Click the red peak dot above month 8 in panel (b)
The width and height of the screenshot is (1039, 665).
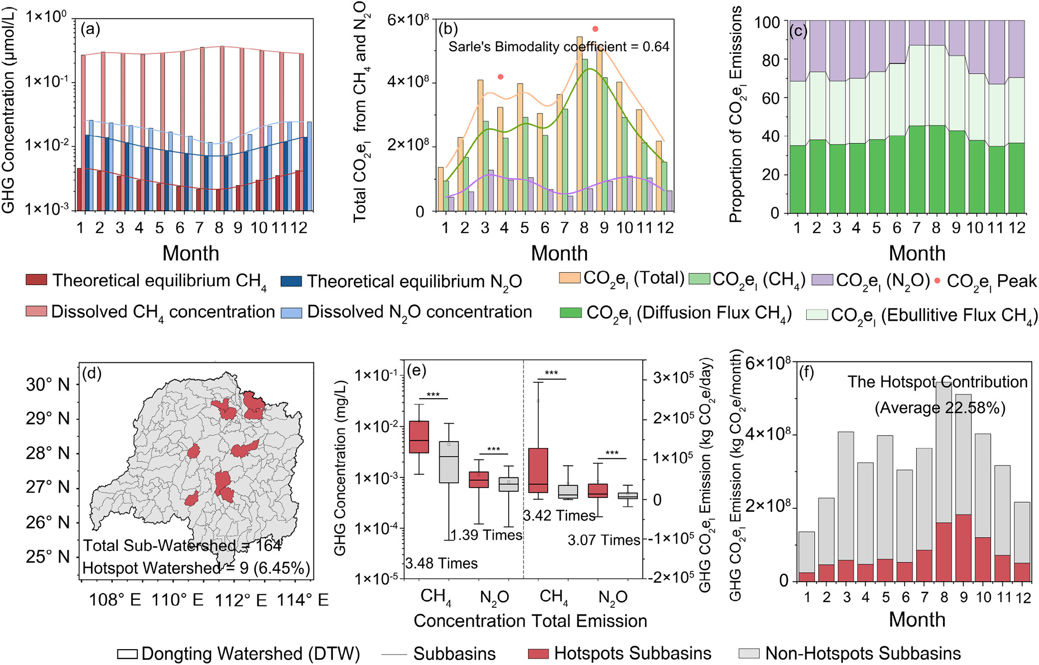click(595, 29)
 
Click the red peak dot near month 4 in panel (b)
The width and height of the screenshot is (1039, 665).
click(501, 77)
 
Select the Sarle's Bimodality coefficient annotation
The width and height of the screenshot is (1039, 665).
click(559, 47)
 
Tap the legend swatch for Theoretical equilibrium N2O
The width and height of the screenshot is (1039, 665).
click(291, 281)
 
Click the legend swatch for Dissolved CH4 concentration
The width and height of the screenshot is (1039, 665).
click(36, 312)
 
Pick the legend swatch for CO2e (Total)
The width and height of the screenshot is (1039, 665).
click(570, 278)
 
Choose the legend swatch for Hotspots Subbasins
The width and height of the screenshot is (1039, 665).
click(538, 653)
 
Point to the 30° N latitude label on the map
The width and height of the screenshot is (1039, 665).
click(48, 384)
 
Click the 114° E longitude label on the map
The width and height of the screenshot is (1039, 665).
click(303, 600)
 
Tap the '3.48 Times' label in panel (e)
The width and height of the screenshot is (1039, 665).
click(441, 563)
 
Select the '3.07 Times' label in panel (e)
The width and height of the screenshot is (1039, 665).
click(604, 540)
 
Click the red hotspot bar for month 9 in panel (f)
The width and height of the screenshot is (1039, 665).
click(963, 548)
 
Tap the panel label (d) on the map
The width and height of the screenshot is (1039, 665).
click(92, 373)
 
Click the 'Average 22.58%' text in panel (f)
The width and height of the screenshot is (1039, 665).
click(940, 408)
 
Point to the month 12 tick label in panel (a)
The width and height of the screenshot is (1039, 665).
click(299, 227)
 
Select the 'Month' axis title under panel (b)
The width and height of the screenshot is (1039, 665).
click(559, 253)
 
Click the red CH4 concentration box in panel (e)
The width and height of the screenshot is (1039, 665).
click(419, 437)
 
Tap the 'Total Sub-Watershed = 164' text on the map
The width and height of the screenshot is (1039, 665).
click(182, 545)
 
